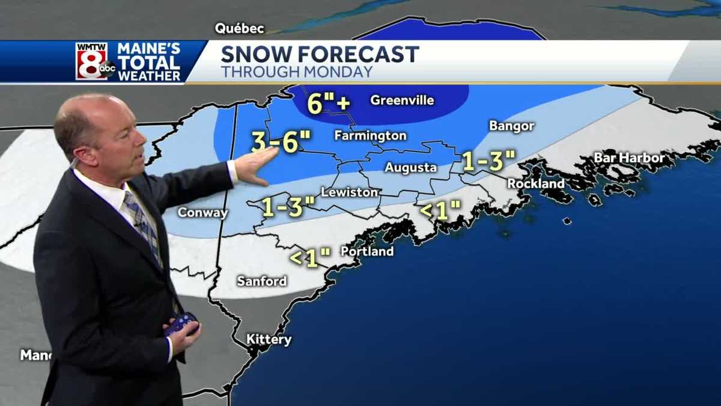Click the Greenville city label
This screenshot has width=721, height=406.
(402, 100)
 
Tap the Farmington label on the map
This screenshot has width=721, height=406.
(370, 136)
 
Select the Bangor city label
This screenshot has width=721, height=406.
(511, 126)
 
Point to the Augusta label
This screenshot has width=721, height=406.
(410, 168)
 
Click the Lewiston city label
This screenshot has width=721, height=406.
(350, 192)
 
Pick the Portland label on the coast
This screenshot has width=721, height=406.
(367, 251)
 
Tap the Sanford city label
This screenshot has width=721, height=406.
(261, 281)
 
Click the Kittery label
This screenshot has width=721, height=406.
(269, 340)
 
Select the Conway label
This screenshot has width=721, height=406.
(202, 213)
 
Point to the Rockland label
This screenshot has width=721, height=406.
(535, 183)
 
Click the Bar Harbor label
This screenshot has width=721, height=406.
(629, 158)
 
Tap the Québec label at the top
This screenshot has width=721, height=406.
(240, 28)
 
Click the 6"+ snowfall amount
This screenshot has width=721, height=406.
(328, 103)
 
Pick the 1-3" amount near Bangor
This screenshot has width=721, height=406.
(488, 160)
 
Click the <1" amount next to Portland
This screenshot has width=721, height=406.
(310, 257)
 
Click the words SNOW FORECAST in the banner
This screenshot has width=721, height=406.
(320, 55)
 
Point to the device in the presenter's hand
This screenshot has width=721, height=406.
(181, 324)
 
